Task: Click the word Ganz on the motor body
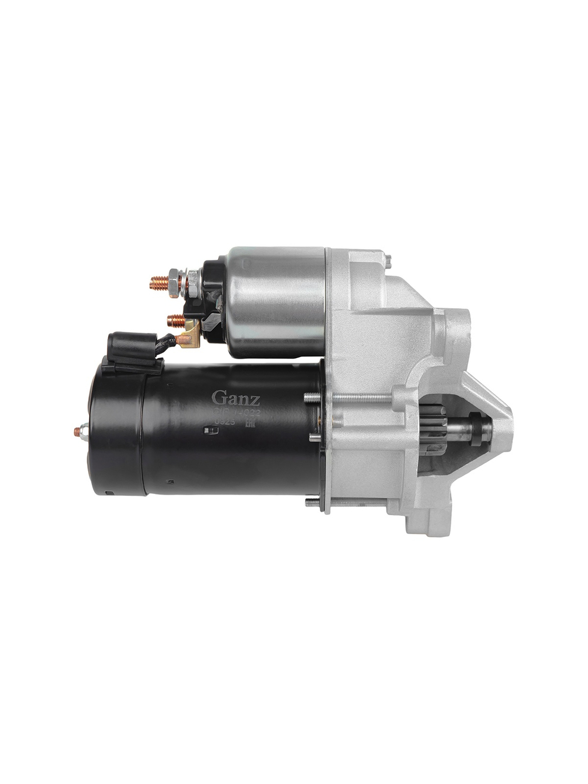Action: [235, 398]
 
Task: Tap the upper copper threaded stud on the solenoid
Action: [158, 283]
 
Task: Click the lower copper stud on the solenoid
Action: [175, 321]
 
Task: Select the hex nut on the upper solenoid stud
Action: [174, 282]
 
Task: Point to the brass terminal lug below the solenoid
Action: [190, 336]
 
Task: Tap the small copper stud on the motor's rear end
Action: [78, 432]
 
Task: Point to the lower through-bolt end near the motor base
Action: [313, 502]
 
